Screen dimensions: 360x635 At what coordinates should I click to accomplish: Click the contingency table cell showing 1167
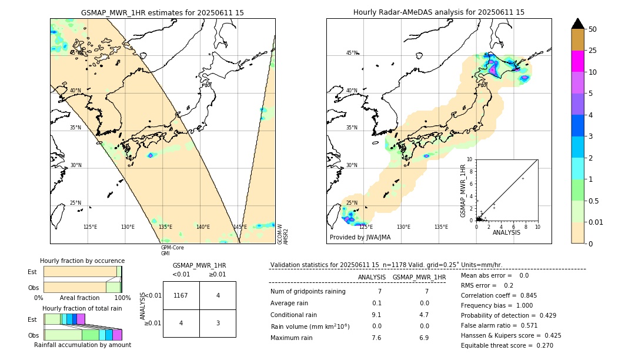[x=181, y=295]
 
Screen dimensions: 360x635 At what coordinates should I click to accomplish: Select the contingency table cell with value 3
[x=218, y=323]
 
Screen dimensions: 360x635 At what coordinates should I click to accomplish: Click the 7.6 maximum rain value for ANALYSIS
[x=376, y=338]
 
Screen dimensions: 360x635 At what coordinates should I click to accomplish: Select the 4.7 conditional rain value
[x=423, y=315]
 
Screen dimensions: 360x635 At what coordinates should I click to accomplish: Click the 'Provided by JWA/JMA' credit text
[x=360, y=238]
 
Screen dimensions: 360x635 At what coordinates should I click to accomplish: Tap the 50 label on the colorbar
[x=593, y=29]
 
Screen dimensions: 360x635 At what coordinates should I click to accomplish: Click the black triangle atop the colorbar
[x=578, y=24]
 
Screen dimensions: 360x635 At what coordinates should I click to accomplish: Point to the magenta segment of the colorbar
[x=578, y=61]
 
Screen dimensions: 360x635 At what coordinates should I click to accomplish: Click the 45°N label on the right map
[x=352, y=53]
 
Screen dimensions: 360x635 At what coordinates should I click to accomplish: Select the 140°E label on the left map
[x=203, y=227]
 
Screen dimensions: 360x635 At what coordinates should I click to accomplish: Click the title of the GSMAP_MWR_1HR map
[x=162, y=12]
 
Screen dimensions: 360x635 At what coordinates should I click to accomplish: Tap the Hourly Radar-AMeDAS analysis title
[x=439, y=12]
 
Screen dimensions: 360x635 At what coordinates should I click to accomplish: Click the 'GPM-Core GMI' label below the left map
[x=172, y=251]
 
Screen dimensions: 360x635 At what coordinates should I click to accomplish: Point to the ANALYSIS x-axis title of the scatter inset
[x=506, y=232]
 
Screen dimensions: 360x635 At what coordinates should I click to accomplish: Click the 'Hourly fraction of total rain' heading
[x=82, y=308]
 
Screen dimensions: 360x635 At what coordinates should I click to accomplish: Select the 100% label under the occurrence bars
[x=122, y=298]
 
